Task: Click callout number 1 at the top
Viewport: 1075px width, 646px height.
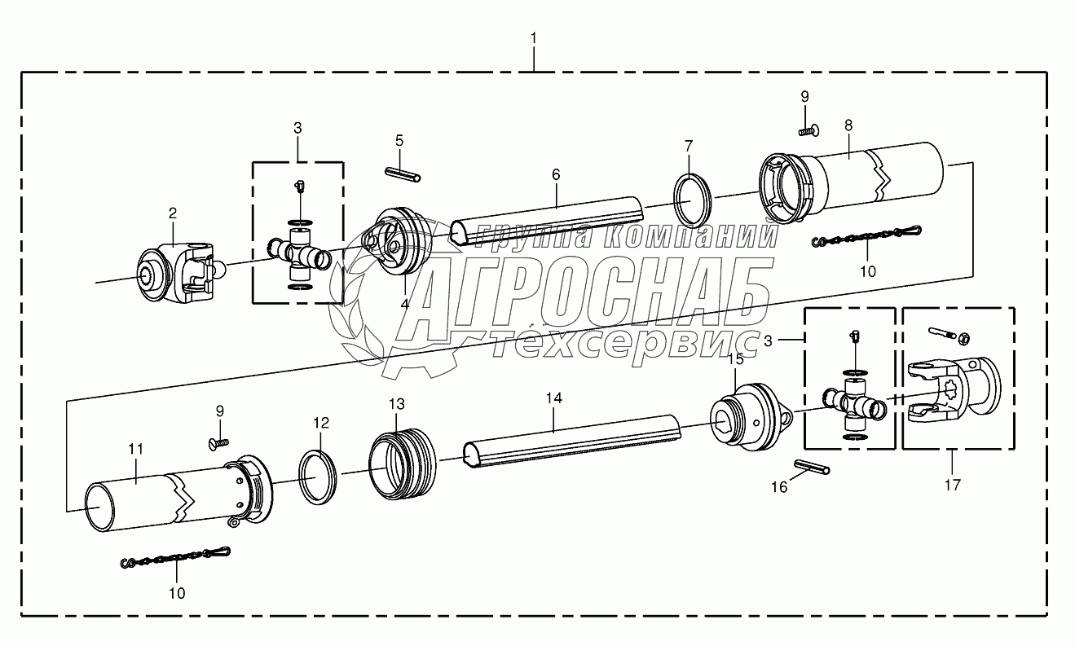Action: click(534, 38)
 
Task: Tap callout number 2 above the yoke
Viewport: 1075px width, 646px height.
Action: click(173, 213)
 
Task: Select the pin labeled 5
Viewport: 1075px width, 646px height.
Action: click(403, 174)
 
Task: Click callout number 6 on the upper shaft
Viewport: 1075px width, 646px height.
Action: click(556, 174)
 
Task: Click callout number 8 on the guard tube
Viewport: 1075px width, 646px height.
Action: click(848, 125)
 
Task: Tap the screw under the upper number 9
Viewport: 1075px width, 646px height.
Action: click(809, 130)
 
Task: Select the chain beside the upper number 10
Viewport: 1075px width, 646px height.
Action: click(866, 236)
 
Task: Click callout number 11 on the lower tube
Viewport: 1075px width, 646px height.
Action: click(136, 450)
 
